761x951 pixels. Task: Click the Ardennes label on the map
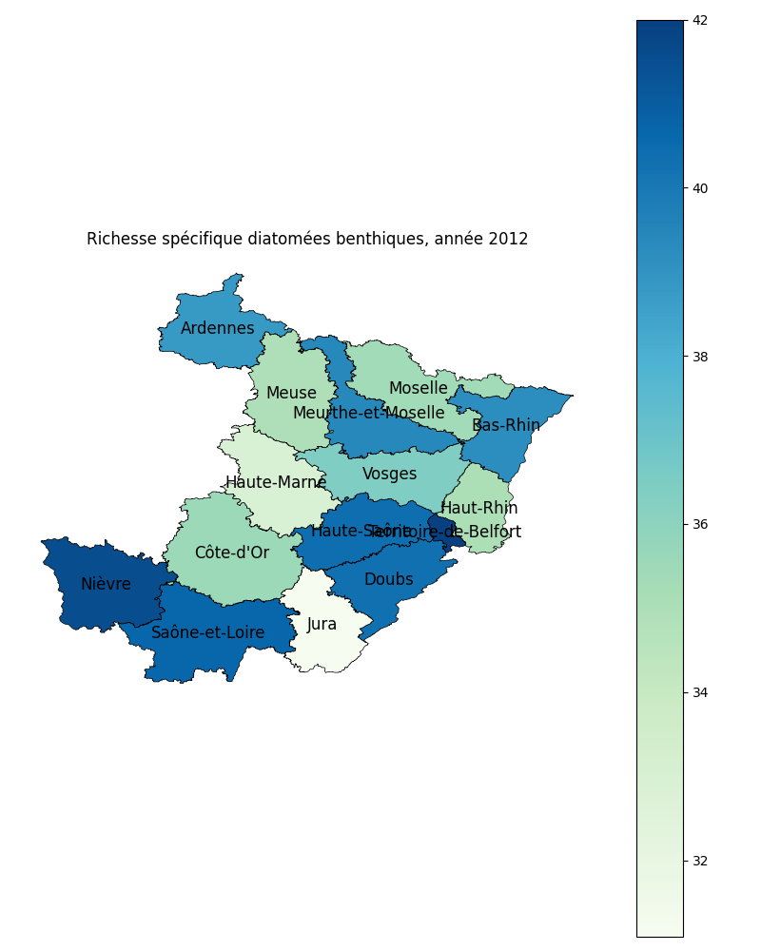pyautogui.click(x=218, y=329)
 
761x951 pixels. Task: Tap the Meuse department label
pyautogui.click(x=291, y=394)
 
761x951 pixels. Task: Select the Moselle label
pyautogui.click(x=418, y=389)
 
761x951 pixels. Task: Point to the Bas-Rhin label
pyautogui.click(x=506, y=426)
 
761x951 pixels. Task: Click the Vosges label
pyautogui.click(x=390, y=475)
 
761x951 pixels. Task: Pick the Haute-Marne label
pyautogui.click(x=276, y=483)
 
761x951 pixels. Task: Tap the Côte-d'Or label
pyautogui.click(x=232, y=553)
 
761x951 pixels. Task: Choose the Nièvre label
pyautogui.click(x=106, y=585)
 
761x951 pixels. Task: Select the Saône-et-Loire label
pyautogui.click(x=208, y=633)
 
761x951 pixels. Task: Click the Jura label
pyautogui.click(x=322, y=625)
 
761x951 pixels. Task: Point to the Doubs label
pyautogui.click(x=388, y=580)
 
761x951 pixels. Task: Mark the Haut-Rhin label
pyautogui.click(x=479, y=509)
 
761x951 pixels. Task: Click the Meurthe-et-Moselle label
pyautogui.click(x=368, y=414)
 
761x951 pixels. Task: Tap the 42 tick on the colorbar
pyautogui.click(x=700, y=21)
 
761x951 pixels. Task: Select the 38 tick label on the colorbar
pyautogui.click(x=700, y=357)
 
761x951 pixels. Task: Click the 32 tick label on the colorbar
pyautogui.click(x=700, y=861)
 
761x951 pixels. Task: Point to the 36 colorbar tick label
pyautogui.click(x=700, y=525)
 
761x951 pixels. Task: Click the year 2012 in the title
pyautogui.click(x=509, y=240)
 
